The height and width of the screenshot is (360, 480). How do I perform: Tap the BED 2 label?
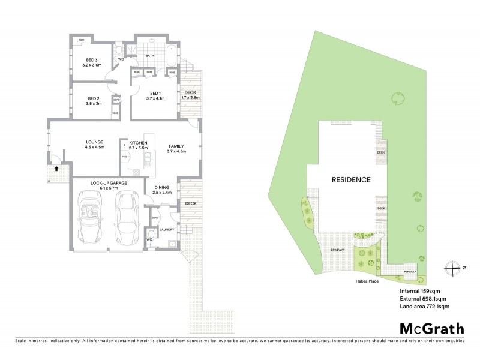[93, 98]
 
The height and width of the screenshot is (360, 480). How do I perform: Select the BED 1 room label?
[155, 93]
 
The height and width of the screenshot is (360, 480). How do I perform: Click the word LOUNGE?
[95, 143]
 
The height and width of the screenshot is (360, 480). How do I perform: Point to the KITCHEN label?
[138, 143]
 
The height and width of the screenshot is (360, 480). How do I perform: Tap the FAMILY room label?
[176, 146]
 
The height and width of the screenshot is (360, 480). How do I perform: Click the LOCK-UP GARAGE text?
[109, 183]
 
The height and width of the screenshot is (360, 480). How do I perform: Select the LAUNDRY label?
[167, 229]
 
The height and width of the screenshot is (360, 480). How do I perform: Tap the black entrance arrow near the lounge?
[56, 169]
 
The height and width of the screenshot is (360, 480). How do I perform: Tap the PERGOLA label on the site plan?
[411, 271]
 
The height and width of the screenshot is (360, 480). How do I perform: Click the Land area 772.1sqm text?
[424, 306]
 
